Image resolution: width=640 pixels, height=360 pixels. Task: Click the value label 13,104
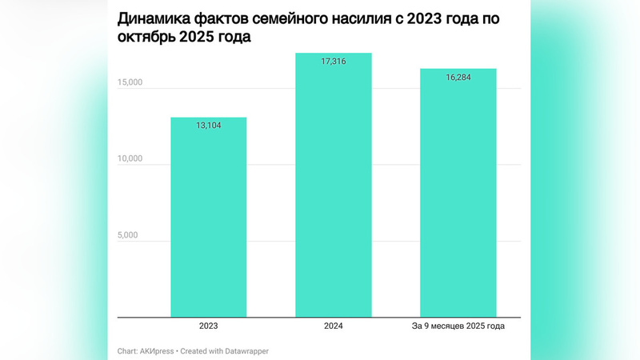point(209,126)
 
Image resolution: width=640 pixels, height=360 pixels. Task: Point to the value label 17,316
point(334,62)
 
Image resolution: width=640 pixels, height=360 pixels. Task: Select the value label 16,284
point(458,78)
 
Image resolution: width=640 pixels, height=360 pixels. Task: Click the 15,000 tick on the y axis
point(124,82)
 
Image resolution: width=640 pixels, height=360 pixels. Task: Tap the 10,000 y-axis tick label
point(124,158)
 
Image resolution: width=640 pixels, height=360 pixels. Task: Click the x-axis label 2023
point(209,326)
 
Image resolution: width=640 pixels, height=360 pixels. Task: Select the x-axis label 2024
point(334,326)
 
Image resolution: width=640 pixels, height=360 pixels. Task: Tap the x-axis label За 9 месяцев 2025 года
point(458,326)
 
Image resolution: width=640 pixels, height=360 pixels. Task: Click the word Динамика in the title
point(151,18)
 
